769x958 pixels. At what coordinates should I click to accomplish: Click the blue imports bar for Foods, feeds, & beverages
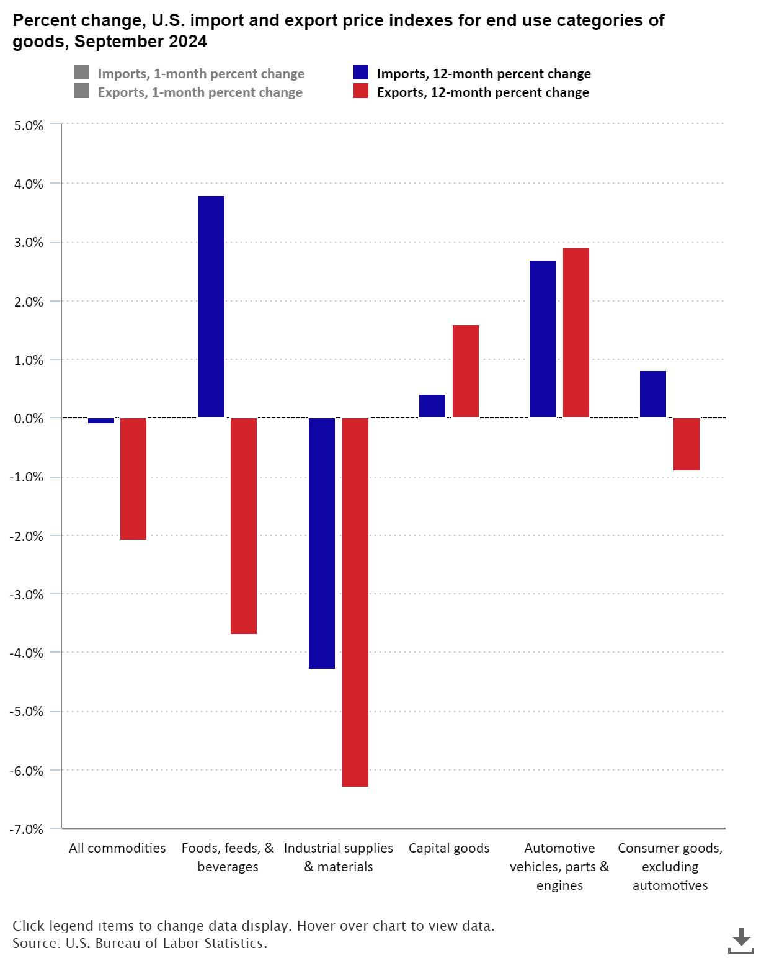[211, 307]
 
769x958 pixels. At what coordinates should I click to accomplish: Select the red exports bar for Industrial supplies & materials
[355, 602]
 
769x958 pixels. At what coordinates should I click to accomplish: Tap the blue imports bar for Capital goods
[432, 406]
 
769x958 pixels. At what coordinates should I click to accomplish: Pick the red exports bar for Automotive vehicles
[576, 333]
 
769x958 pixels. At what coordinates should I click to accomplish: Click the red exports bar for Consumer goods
[687, 444]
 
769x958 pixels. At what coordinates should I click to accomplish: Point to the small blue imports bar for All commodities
[101, 421]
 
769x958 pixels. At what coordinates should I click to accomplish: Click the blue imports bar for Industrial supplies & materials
[322, 543]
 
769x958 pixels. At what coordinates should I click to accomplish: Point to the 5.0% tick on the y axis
[29, 125]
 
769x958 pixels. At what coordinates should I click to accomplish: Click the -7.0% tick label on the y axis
[27, 829]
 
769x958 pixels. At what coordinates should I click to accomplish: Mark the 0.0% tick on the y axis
[29, 419]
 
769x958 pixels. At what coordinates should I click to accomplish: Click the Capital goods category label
[449, 848]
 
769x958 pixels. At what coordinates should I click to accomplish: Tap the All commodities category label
[117, 848]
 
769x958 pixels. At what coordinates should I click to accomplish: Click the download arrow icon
[740, 941]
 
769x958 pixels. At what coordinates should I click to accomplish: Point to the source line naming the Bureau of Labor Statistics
[140, 944]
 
